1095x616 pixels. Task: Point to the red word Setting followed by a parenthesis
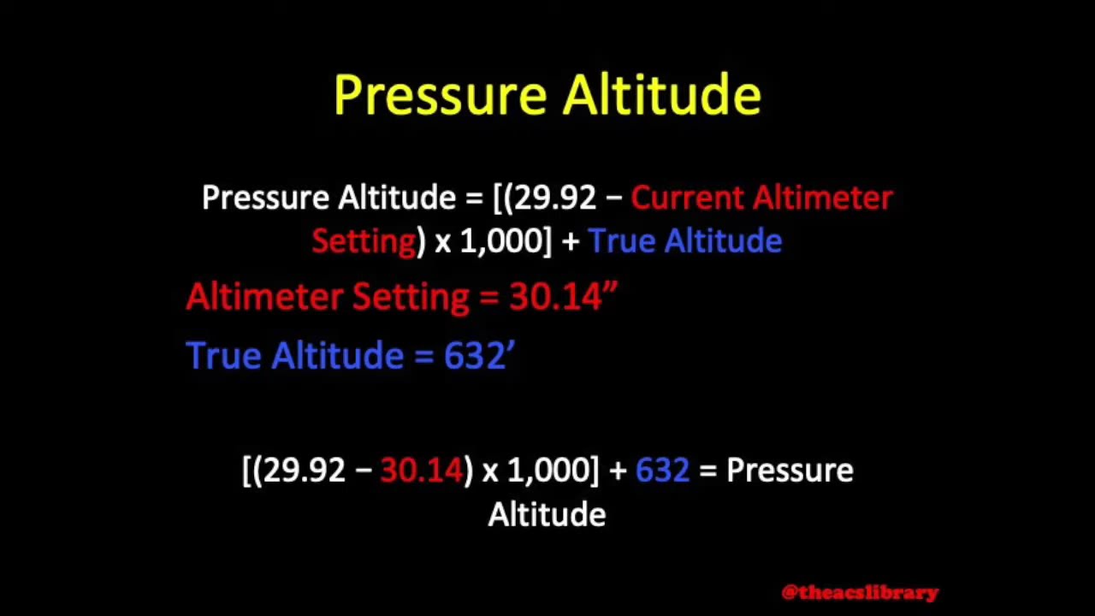(364, 241)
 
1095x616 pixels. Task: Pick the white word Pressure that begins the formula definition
(265, 198)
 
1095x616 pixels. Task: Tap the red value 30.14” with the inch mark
(563, 297)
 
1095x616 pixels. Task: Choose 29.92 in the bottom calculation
(304, 471)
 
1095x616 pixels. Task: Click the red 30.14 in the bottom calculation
(421, 471)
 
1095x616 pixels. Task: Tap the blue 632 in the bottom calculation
(662, 471)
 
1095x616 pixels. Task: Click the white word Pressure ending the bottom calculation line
(789, 471)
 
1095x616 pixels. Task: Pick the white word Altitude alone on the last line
(547, 515)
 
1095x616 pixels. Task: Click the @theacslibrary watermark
(860, 592)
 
